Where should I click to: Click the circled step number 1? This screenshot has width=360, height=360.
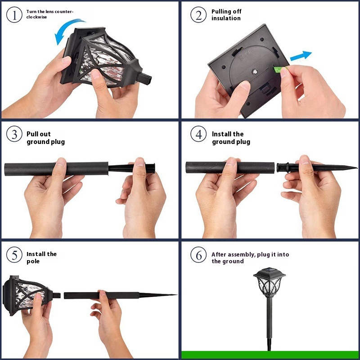click(14, 15)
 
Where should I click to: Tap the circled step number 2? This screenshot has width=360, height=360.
click(198, 15)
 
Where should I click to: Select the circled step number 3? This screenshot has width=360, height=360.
click(14, 134)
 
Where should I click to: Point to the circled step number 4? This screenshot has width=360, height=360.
click(198, 134)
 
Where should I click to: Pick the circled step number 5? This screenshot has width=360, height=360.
click(14, 255)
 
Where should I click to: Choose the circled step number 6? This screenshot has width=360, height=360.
click(198, 255)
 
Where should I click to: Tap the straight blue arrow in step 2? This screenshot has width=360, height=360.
click(301, 56)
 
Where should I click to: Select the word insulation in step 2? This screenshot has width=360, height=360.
click(226, 18)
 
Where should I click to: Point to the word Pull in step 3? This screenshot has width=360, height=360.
click(31, 134)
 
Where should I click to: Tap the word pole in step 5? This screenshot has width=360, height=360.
click(33, 261)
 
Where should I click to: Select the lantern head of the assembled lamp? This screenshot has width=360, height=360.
click(269, 283)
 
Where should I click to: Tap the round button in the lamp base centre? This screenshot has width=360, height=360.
click(254, 72)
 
